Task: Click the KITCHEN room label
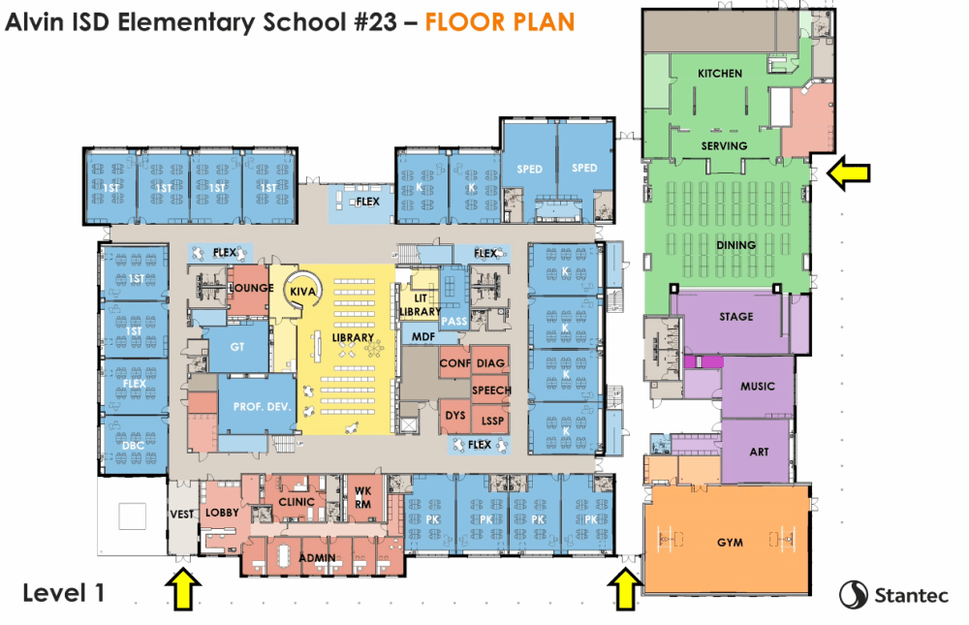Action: pos(720,74)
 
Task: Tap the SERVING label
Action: pos(724,146)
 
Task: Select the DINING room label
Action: pos(736,245)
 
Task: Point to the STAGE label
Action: pos(736,317)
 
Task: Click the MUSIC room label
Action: pos(758,387)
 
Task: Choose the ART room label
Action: pos(760,452)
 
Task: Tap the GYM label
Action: pos(730,543)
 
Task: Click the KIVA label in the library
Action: pos(302,291)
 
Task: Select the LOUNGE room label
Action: pos(252,288)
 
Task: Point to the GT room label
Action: pos(237,347)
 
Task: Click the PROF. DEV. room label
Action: pos(262,407)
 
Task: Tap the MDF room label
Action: pos(423,337)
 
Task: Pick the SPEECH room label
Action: pos(491,391)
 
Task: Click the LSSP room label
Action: pos(492,421)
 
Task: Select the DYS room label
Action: pos(455,416)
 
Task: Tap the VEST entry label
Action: pos(182,515)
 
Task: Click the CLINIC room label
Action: pos(297,502)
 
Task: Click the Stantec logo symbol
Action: pos(854,595)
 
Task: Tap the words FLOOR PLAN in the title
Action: pos(500,22)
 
